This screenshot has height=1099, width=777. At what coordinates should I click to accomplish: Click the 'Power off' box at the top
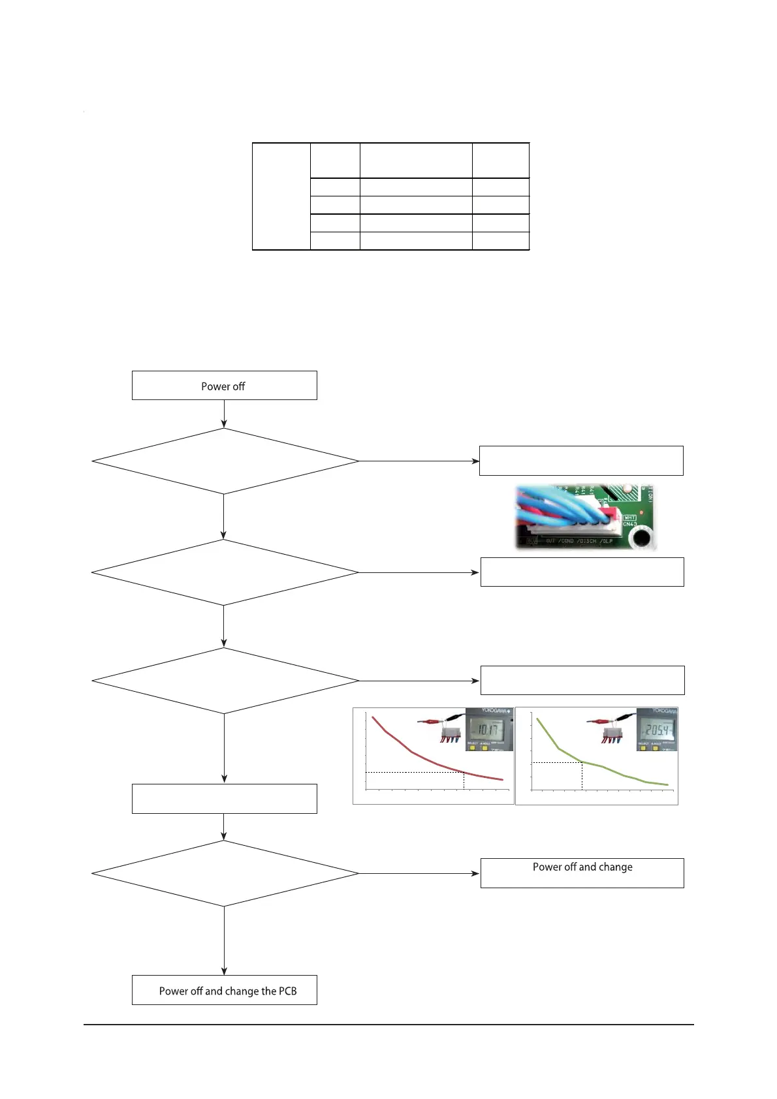pyautogui.click(x=224, y=386)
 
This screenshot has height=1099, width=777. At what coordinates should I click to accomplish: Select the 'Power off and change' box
pyautogui.click(x=582, y=873)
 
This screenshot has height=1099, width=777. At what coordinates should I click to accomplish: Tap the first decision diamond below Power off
pyautogui.click(x=225, y=461)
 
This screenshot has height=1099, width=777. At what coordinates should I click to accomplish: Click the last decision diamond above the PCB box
pyautogui.click(x=225, y=873)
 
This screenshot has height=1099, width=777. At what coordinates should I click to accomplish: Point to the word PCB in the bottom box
pyautogui.click(x=288, y=991)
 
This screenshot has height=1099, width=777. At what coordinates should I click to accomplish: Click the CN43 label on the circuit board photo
pyautogui.click(x=629, y=524)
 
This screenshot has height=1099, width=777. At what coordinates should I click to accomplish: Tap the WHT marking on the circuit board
pyautogui.click(x=629, y=518)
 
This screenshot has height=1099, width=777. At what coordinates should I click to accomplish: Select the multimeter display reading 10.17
pyautogui.click(x=486, y=729)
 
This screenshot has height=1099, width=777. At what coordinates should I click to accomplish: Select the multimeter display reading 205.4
pyautogui.click(x=656, y=729)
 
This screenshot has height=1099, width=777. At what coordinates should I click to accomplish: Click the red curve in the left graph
pyautogui.click(x=411, y=751)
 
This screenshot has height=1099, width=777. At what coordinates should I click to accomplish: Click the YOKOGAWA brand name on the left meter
pyautogui.click(x=496, y=711)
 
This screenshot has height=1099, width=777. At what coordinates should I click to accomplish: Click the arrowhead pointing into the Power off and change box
pyautogui.click(x=476, y=873)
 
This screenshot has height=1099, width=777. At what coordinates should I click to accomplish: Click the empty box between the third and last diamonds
pyautogui.click(x=224, y=798)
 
